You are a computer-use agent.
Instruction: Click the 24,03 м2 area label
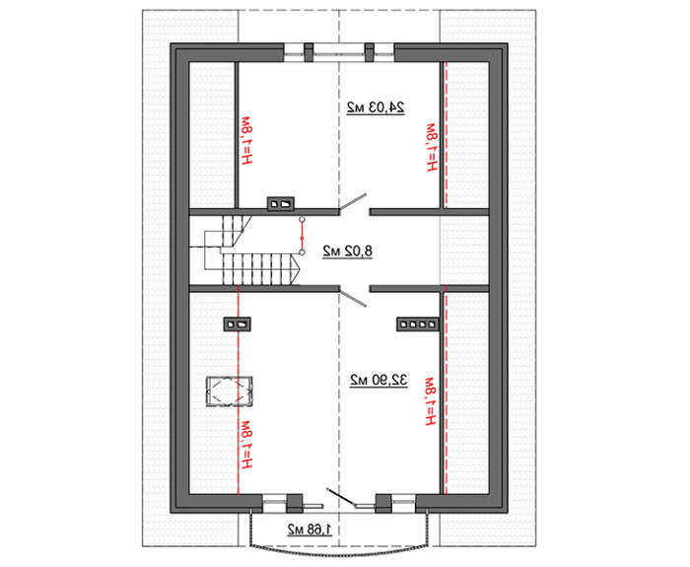(376, 107)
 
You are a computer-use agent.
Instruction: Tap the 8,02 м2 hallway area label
(347, 251)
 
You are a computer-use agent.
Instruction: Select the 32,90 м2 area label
(379, 380)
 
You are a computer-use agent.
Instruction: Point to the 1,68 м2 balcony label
(310, 530)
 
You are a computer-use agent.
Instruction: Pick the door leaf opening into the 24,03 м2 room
(353, 201)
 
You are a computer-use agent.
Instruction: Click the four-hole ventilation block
(418, 324)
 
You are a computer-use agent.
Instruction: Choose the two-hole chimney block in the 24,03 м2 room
(281, 203)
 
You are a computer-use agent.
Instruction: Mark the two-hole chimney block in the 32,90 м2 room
(237, 324)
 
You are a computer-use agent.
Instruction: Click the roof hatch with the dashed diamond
(230, 390)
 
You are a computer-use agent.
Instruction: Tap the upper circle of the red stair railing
(302, 219)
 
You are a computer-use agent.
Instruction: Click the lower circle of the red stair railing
(302, 252)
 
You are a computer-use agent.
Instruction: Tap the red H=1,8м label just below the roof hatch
(245, 444)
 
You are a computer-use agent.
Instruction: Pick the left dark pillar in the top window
(309, 52)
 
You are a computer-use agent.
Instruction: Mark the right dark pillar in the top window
(370, 52)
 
